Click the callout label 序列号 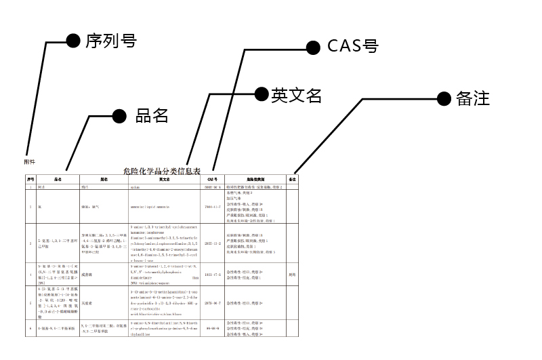pos(111,41)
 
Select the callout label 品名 pos(152,116)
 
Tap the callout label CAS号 pos(352,46)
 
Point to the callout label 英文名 pos(296,95)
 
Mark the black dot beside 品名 pos(119,116)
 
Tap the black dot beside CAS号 pos(313,47)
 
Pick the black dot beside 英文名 pos(261,95)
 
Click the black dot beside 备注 pos(444,98)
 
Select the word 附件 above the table pos(29,161)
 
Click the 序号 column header pos(30,179)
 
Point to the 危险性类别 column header pos(255,179)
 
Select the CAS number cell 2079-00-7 pos(213,304)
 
